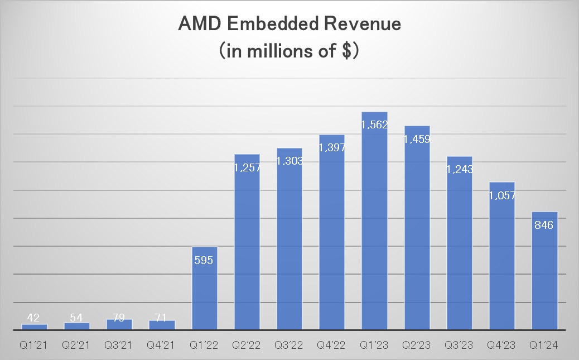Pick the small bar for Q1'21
[35, 327]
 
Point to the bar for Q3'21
[119, 324]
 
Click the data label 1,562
[374, 125]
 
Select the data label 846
[544, 225]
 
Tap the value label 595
[205, 261]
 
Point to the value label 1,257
[247, 167]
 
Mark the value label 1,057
[501, 196]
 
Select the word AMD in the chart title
[197, 25]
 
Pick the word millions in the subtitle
[274, 51]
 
